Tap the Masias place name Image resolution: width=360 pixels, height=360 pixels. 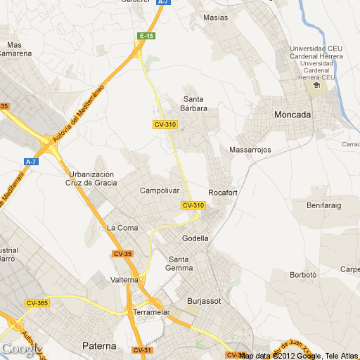(215, 18)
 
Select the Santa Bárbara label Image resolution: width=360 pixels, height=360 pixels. (195, 103)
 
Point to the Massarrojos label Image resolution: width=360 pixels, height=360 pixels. (250, 150)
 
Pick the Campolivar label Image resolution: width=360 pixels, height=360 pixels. (160, 191)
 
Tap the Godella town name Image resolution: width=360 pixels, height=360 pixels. (195, 238)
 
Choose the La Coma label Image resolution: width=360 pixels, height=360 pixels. (122, 227)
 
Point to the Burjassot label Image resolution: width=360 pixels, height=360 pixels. (204, 301)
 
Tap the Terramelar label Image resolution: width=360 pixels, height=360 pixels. (152, 311)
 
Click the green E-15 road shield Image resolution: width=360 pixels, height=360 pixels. (146, 36)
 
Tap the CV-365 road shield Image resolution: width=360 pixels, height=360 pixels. (37, 303)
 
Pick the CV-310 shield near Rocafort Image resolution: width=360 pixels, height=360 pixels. (193, 205)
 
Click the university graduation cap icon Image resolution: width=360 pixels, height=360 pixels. (316, 85)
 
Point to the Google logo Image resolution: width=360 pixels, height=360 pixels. (22, 349)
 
